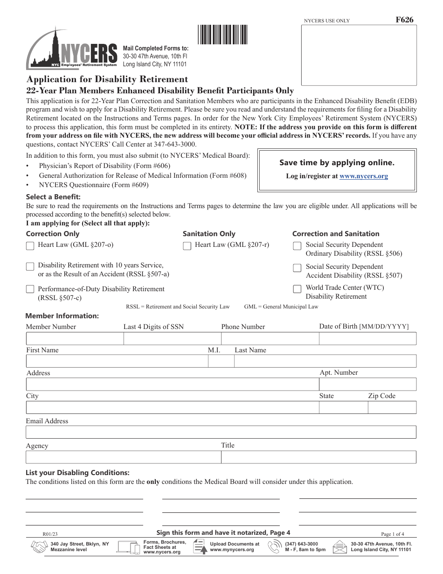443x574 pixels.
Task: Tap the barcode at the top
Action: (223, 35)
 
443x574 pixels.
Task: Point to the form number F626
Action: (404, 20)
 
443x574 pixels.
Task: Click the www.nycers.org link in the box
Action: (364, 176)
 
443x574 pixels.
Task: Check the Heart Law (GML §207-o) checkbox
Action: (30, 245)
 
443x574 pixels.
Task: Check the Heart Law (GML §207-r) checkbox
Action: (187, 245)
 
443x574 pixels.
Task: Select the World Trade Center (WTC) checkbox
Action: (297, 289)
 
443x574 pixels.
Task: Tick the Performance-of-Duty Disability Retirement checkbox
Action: (30, 289)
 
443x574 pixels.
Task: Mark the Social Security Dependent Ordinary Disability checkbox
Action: (297, 246)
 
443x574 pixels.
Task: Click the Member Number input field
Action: (74, 338)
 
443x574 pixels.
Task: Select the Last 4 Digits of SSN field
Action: (172, 338)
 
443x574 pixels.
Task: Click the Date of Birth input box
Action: (367, 338)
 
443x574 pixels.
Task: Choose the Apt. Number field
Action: (367, 384)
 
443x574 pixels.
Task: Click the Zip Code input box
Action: (392, 407)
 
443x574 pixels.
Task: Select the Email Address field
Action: (221, 432)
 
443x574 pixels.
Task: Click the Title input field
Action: (318, 457)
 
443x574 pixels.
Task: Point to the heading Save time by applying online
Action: (337, 162)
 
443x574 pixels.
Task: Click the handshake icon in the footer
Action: (39, 546)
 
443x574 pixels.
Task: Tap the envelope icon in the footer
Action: (340, 546)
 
